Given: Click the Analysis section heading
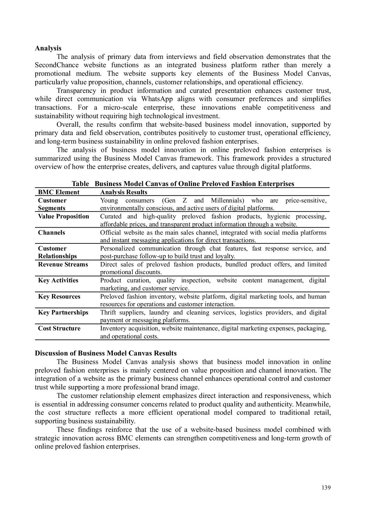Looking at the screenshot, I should click(x=48, y=48).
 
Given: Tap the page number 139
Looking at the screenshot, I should click(x=326, y=487).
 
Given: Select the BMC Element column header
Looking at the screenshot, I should click(x=59, y=192).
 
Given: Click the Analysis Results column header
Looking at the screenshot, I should click(x=123, y=192).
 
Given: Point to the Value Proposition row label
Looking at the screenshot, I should click(x=63, y=216).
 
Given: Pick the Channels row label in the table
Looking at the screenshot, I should click(x=52, y=232).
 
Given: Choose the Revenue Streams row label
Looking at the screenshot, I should click(x=63, y=264).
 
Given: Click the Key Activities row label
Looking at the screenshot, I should click(x=58, y=280).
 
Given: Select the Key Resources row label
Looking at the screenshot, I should click(x=59, y=296).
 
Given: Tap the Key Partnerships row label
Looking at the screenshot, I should click(x=63, y=312).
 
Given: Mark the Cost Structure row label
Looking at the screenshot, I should click(x=59, y=328).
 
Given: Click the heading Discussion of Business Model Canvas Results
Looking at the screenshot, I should click(x=105, y=353).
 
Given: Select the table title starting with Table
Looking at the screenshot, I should click(x=183, y=184).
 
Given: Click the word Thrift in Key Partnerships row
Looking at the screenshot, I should click(x=108, y=312).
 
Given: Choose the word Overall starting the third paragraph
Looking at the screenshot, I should click(x=68, y=124).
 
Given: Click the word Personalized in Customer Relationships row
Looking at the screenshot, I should click(x=117, y=248).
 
